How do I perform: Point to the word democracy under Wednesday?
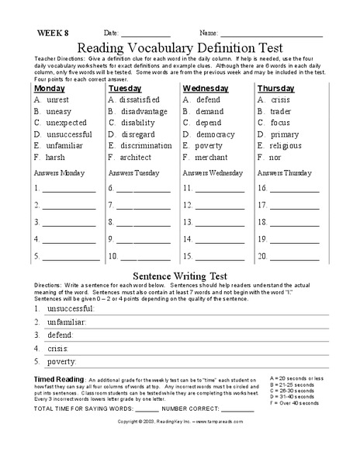[216, 134]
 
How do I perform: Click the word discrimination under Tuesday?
[146, 145]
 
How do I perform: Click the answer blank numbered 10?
[145, 257]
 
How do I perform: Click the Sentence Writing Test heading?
[179, 275]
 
